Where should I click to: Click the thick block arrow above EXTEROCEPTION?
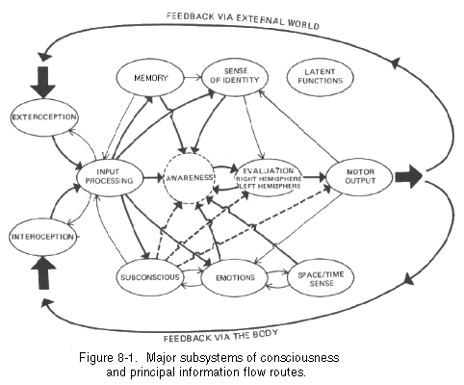pos(43,82)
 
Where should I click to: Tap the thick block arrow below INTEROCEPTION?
pos(43,273)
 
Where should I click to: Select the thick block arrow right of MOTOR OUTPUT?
pos(408,176)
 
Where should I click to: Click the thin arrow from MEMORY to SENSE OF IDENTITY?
pos(193,77)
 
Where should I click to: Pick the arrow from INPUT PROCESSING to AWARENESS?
pos(154,177)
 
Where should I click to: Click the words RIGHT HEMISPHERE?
pos(269,179)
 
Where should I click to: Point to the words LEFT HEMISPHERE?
pos(269,186)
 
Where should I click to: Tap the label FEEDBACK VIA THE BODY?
pos(220,336)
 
